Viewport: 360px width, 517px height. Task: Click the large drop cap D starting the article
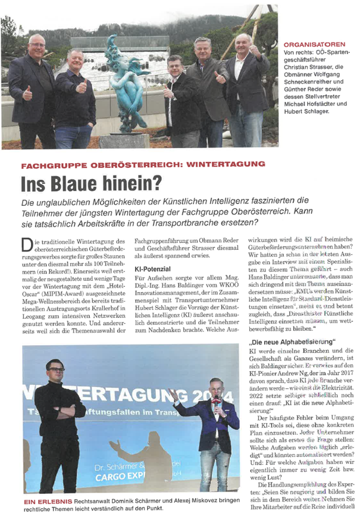pyautogui.click(x=27, y=245)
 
